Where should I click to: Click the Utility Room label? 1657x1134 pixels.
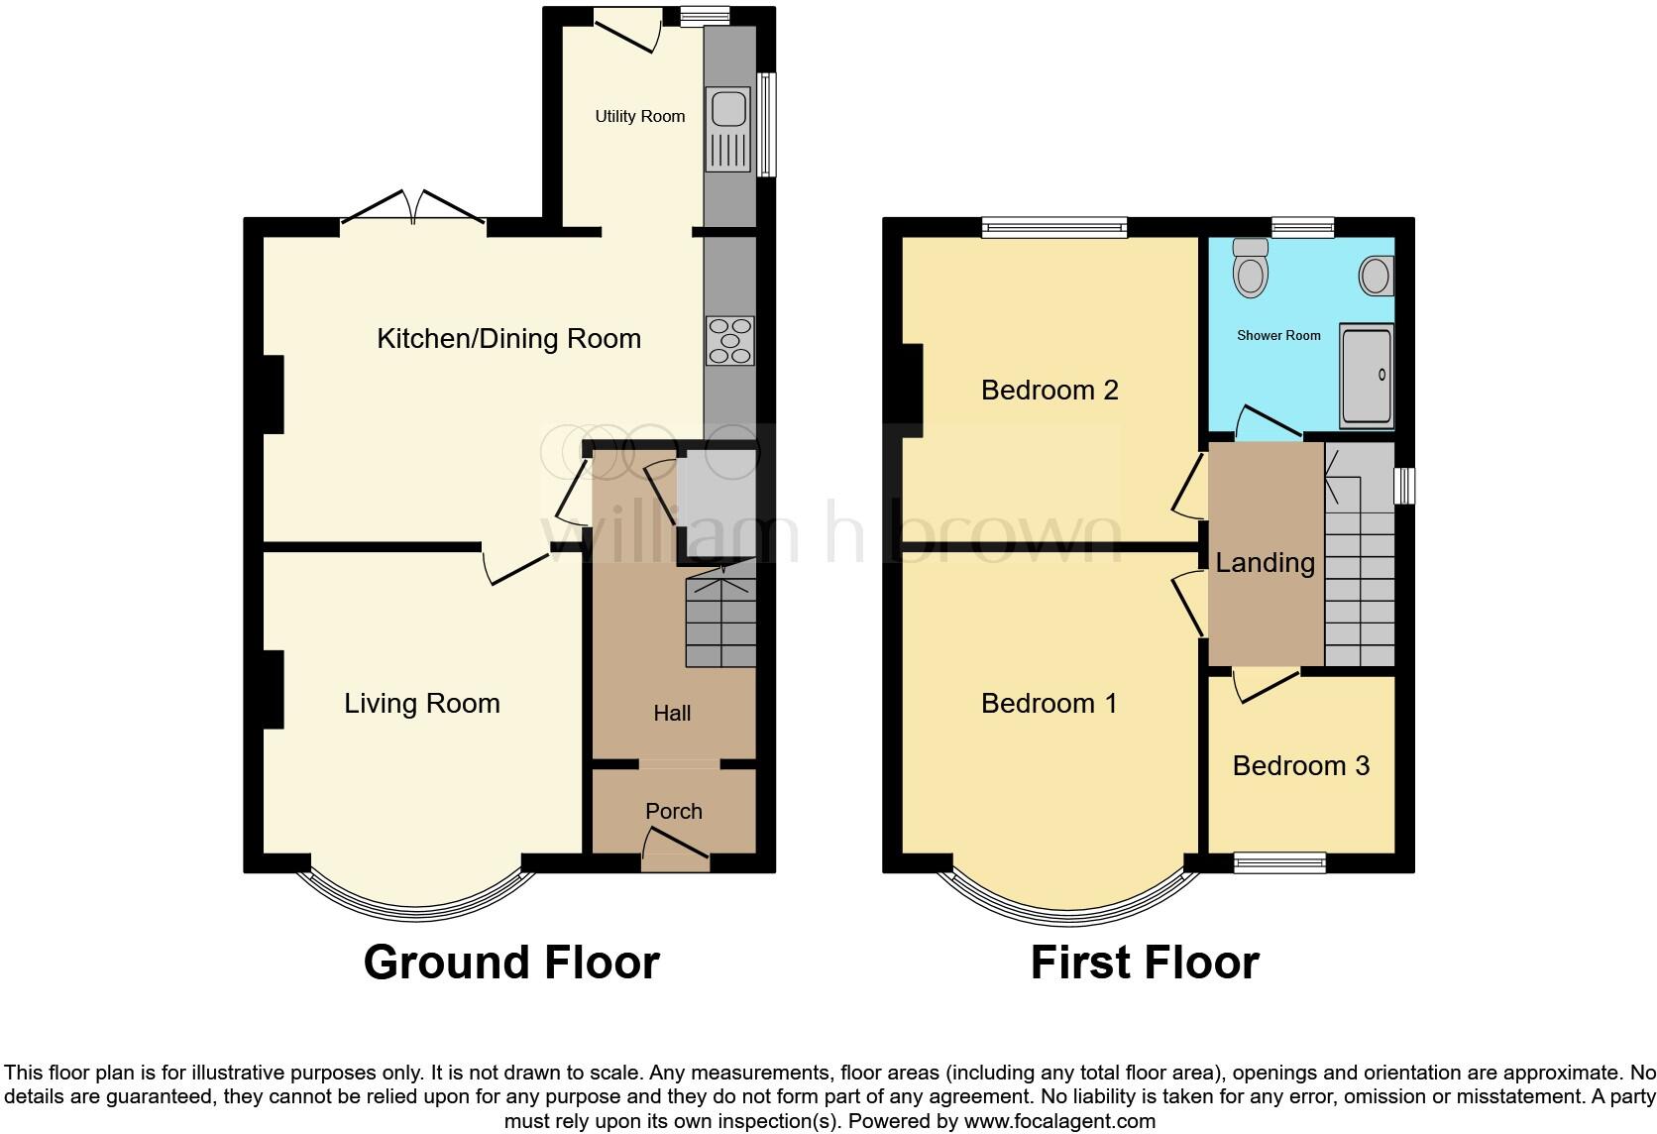click(639, 116)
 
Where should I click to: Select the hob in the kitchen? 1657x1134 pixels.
click(730, 341)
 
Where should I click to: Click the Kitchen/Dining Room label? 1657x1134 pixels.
click(508, 339)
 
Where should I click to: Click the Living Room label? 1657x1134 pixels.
click(421, 704)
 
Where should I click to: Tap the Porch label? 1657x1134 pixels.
click(674, 811)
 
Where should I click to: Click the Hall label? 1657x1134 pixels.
click(672, 713)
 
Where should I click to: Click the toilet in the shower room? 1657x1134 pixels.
click(1252, 269)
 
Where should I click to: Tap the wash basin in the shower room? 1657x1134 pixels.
click(1376, 275)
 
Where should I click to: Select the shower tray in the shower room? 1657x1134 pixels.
click(1367, 375)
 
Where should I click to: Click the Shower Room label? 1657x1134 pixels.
click(1278, 335)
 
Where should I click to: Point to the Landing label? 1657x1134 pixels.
click(1265, 563)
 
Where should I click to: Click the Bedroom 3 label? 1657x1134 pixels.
click(1300, 765)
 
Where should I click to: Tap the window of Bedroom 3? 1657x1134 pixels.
click(1279, 863)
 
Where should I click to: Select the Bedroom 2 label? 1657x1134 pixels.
click(1049, 390)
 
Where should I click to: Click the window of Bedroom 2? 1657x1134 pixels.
click(1054, 228)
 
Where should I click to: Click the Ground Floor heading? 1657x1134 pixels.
click(511, 963)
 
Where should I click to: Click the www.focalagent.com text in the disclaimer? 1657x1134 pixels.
click(1059, 1122)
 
